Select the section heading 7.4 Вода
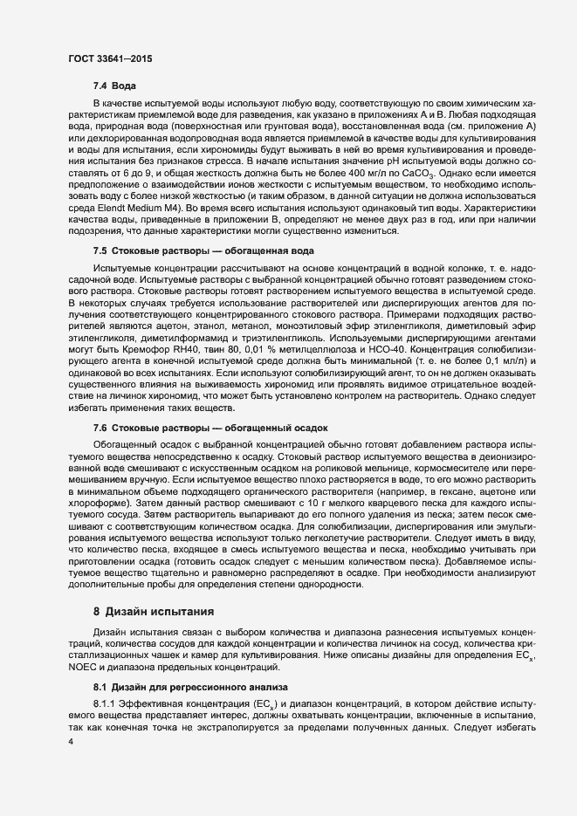(113, 86)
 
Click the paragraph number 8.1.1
(106, 703)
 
